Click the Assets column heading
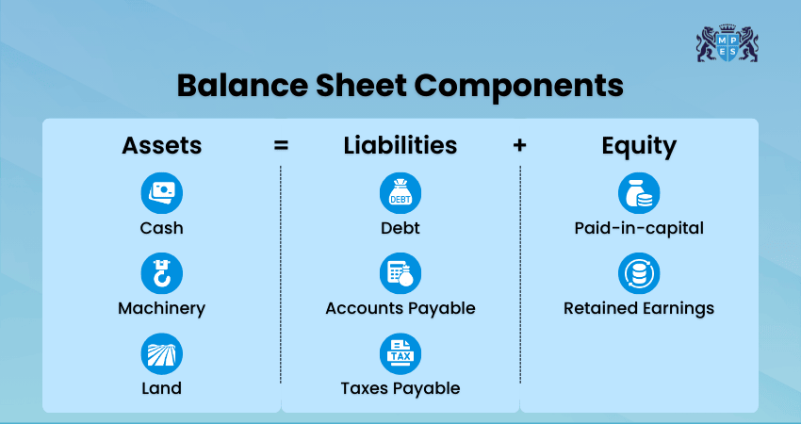pos(161,145)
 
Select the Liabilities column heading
pos(400,145)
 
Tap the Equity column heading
pos(639,146)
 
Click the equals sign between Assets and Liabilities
pos(281,146)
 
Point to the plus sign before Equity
pos(520,146)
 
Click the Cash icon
pos(161,193)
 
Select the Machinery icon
pos(161,273)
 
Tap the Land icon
pos(161,354)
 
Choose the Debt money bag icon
pos(400,193)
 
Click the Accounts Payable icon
pos(400,273)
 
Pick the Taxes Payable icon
pos(400,354)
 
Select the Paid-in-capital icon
pos(639,193)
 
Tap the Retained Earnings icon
pos(639,273)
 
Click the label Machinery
pos(161,308)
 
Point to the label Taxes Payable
pos(400,388)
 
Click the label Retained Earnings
pos(639,308)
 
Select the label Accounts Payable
pos(400,308)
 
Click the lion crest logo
pos(727,42)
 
